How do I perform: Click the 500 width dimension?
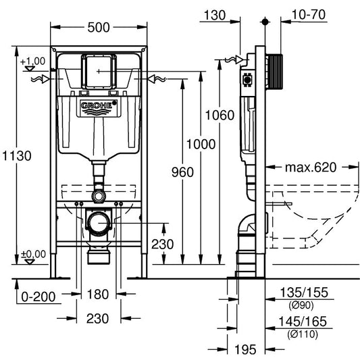(99, 28)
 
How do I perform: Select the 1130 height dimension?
(17, 155)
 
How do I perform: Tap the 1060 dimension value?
(220, 115)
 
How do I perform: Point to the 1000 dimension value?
(201, 144)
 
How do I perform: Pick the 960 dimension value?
(183, 172)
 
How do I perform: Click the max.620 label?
(311, 168)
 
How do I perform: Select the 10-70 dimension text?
(309, 15)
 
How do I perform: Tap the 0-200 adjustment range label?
(38, 297)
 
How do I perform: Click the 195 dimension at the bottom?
(245, 349)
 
